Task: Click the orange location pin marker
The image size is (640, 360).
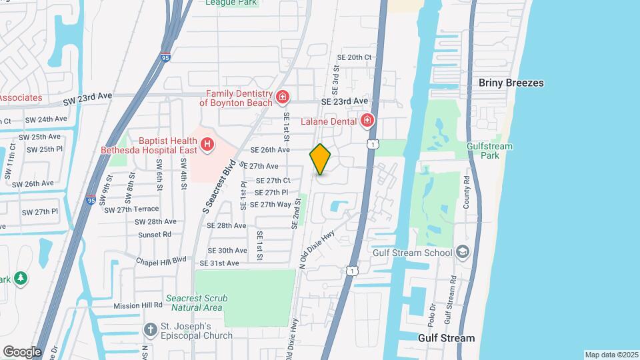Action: pyautogui.click(x=320, y=159)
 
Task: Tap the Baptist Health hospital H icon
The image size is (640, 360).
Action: pyautogui.click(x=207, y=143)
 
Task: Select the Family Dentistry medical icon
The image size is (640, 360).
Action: pyautogui.click(x=283, y=98)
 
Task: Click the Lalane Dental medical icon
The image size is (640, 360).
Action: pyautogui.click(x=367, y=121)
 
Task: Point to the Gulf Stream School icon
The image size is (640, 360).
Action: pyautogui.click(x=463, y=253)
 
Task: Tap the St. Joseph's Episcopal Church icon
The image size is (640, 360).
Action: pyautogui.click(x=151, y=329)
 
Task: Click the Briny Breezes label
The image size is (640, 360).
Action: pyautogui.click(x=511, y=83)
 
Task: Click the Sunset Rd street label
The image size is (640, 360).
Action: pyautogui.click(x=154, y=234)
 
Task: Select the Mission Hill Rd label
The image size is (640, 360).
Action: pyautogui.click(x=138, y=305)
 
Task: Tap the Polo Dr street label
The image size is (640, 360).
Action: pyautogui.click(x=432, y=313)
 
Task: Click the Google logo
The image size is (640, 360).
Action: pyautogui.click(x=22, y=351)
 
